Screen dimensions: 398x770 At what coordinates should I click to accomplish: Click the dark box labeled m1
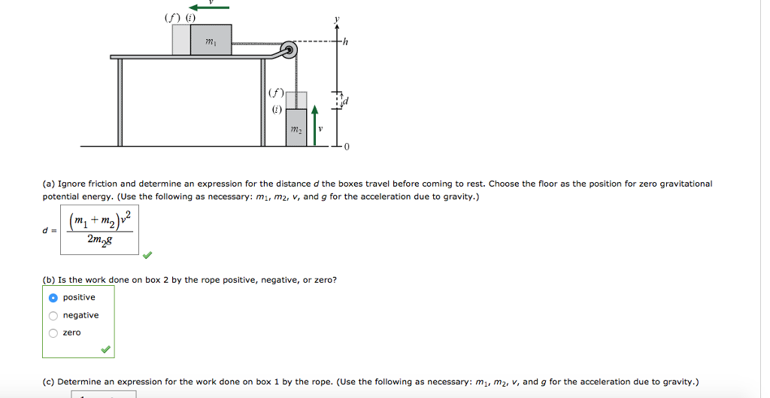pos(211,40)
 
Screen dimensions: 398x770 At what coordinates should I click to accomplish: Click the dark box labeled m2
pos(296,129)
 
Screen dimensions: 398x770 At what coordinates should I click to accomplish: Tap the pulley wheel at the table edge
pos(290,51)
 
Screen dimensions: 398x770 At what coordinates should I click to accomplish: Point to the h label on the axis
pos(346,42)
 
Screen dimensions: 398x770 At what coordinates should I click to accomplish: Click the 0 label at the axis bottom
pos(347,147)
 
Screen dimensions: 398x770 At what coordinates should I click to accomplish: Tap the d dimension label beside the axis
pos(346,101)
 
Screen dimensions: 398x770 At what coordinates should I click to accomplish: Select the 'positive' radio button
pos(53,298)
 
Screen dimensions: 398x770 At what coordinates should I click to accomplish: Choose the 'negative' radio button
pos(53,315)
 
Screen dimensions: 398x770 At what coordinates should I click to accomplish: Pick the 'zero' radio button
pos(53,333)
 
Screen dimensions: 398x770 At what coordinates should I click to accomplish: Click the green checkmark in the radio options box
pos(106,349)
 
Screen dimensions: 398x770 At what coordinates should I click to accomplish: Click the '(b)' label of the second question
pos(49,280)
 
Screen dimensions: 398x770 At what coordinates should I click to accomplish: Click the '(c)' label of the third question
pos(49,381)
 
